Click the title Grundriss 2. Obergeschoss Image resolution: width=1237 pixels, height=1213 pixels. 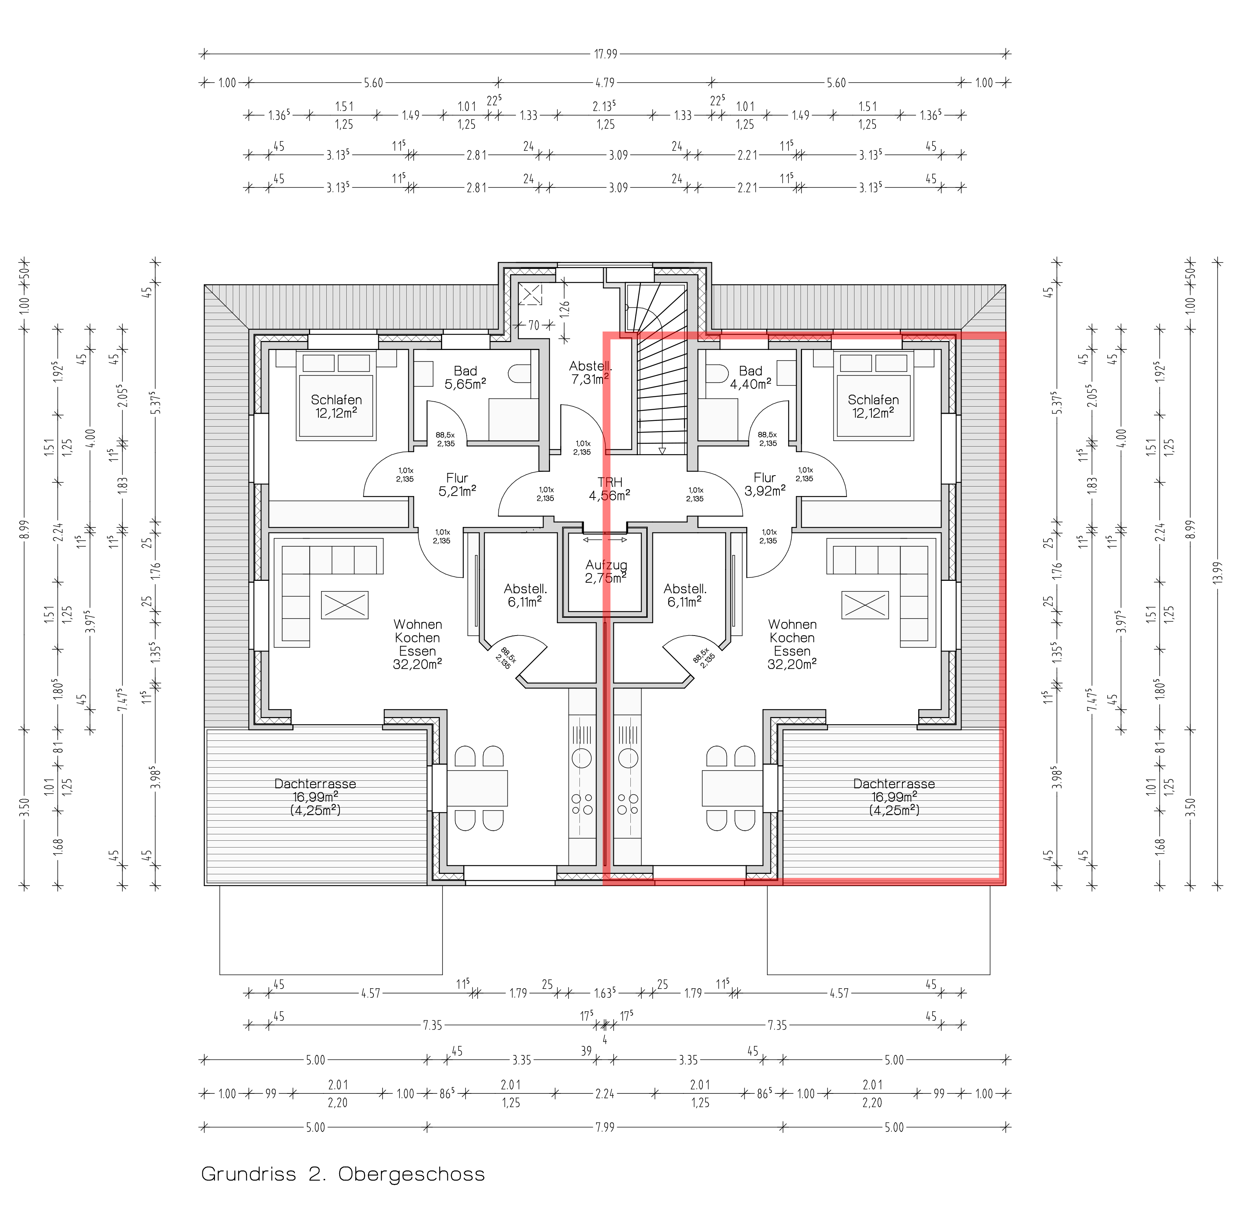343,1173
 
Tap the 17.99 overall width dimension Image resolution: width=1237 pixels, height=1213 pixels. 605,54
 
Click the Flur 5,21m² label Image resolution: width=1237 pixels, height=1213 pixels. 457,484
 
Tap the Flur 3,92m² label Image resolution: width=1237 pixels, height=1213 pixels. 765,484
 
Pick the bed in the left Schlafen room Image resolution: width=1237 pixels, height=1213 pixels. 336,395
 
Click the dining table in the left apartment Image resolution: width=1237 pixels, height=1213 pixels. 477,788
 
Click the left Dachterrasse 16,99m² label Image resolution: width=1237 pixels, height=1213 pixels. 315,796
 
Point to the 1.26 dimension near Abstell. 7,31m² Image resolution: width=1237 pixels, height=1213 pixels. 565,309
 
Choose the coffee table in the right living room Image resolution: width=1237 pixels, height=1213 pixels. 865,605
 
